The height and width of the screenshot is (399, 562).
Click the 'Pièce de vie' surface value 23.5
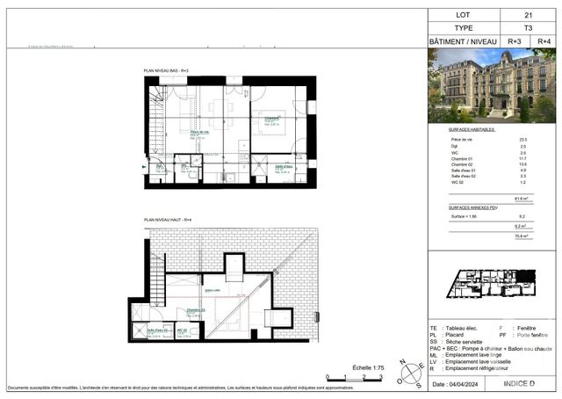tap(523, 140)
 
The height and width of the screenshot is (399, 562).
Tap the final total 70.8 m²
tap(519, 236)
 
